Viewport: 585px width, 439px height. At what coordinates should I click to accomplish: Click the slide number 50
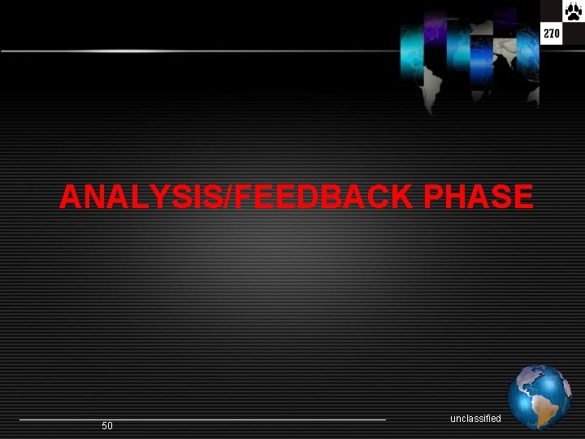pyautogui.click(x=107, y=426)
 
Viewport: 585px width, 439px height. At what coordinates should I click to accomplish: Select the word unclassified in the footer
pyautogui.click(x=475, y=418)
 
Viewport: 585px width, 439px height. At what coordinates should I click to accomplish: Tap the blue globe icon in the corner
pyautogui.click(x=539, y=397)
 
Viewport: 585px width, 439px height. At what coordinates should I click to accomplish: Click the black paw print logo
pyautogui.click(x=552, y=12)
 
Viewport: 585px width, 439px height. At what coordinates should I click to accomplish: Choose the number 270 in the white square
pyautogui.click(x=552, y=34)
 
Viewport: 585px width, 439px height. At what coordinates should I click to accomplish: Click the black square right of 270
pyautogui.click(x=574, y=34)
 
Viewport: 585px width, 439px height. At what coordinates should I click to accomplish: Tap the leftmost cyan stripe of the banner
pyautogui.click(x=412, y=49)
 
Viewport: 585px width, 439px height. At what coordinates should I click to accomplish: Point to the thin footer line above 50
pyautogui.click(x=203, y=419)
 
